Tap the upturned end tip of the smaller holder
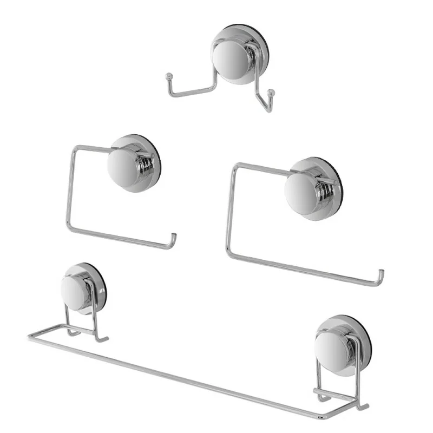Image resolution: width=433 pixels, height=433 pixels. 174,237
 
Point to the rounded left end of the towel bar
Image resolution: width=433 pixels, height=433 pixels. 30,337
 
